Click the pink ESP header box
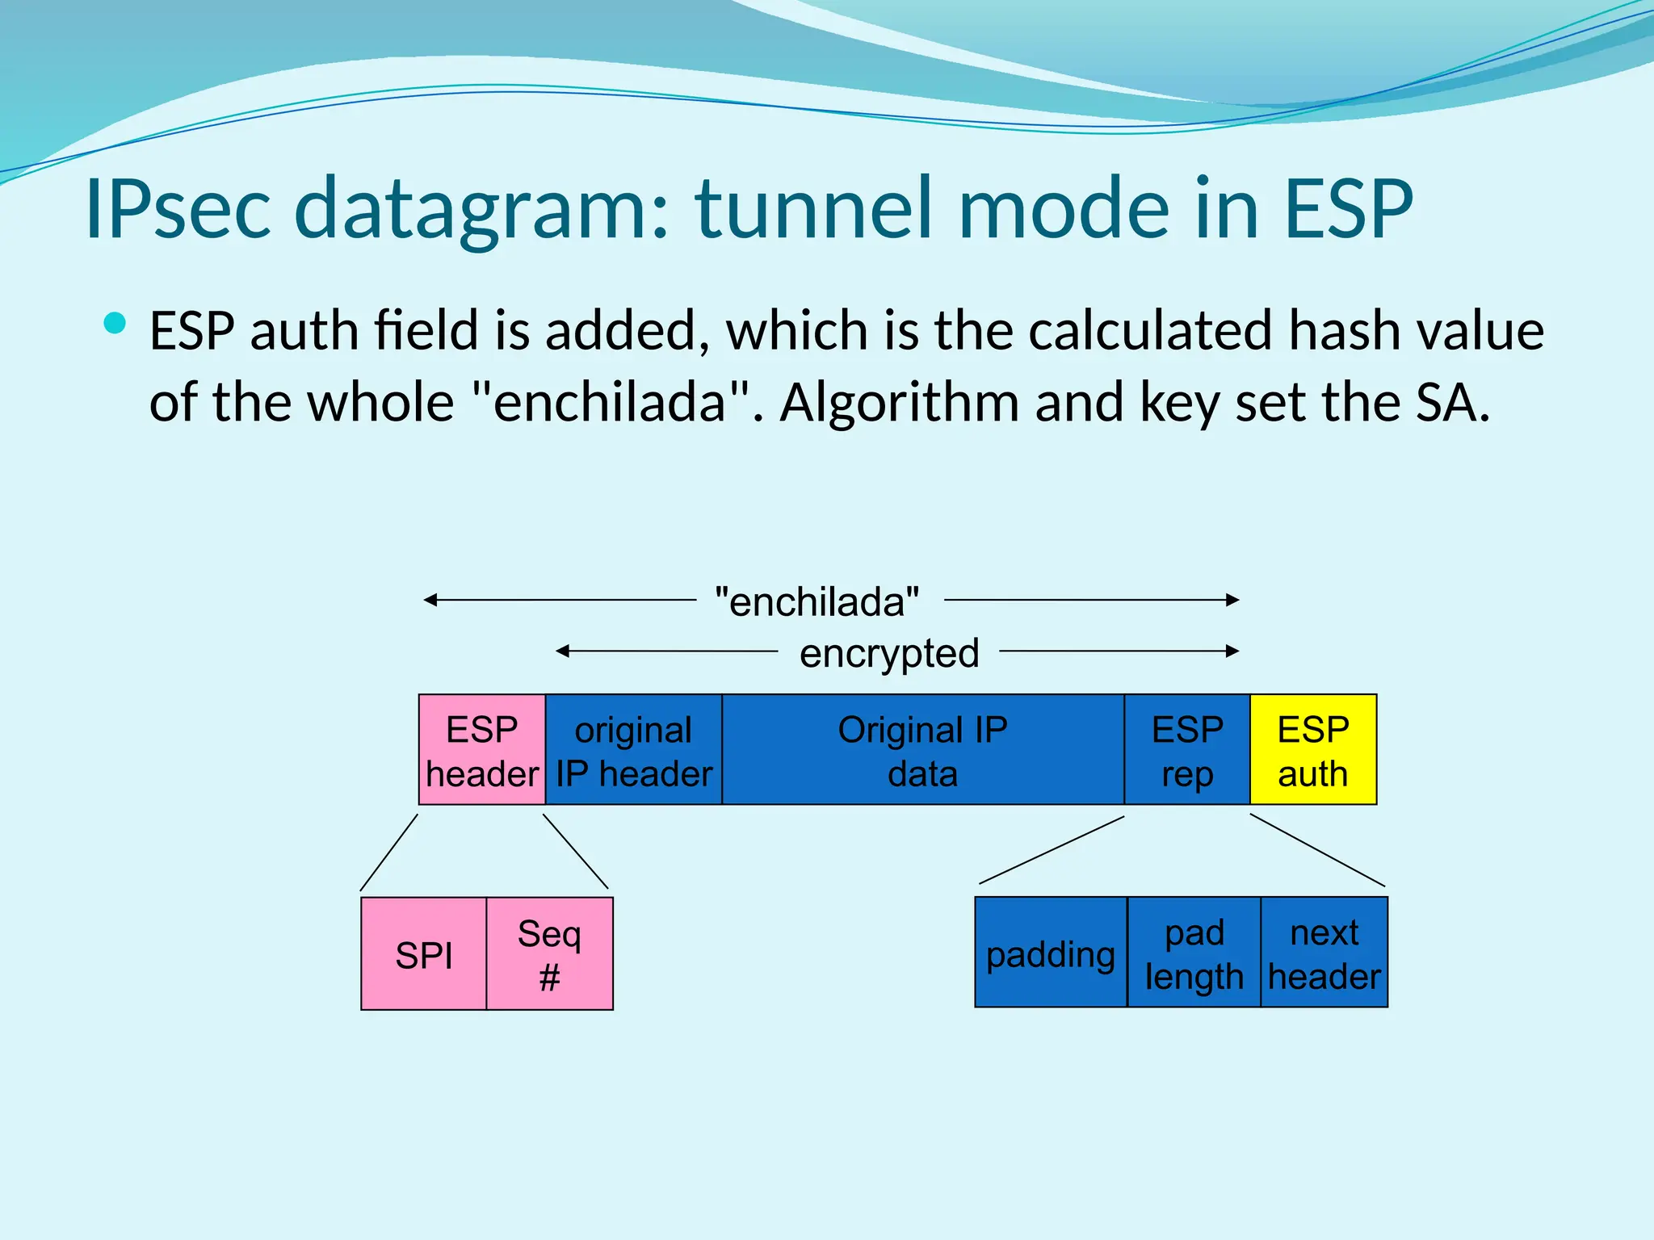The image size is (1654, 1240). pos(482,749)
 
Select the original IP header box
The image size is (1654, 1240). pos(634,749)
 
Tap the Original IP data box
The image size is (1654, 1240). pos(922,749)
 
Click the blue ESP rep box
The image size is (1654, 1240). pos(1186,749)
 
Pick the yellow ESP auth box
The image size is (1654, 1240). pos(1312,749)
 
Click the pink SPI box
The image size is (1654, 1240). pos(424,953)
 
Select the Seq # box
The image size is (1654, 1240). pos(549,953)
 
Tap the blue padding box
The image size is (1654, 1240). pos(1050,953)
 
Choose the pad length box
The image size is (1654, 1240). pos(1194,953)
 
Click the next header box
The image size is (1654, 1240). pos(1324,953)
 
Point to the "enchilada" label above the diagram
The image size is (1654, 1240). pos(817,601)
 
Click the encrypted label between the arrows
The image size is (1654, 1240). pos(888,652)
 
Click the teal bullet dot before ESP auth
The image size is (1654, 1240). pos(115,324)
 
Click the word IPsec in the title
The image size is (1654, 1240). pos(178,209)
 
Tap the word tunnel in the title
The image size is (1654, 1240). pos(816,209)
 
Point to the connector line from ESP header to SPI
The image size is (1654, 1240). pos(389,852)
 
